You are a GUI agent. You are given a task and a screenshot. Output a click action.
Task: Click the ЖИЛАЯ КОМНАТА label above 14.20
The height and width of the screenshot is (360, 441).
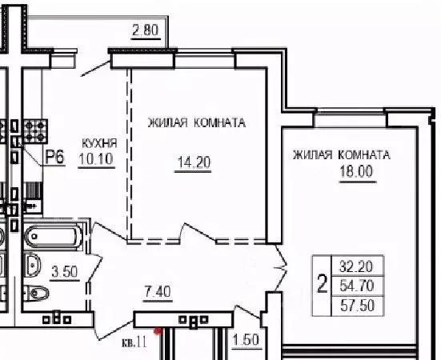(195, 123)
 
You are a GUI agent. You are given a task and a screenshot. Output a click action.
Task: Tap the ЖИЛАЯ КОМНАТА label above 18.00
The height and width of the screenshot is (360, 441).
(341, 155)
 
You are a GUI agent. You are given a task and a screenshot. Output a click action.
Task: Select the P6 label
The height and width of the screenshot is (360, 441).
(54, 157)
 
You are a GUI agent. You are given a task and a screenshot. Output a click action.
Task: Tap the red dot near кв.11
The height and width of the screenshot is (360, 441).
(158, 330)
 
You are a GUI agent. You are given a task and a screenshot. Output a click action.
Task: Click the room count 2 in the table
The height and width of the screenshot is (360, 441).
(323, 286)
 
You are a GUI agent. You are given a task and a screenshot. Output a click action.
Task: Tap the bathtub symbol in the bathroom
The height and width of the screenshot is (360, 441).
(53, 237)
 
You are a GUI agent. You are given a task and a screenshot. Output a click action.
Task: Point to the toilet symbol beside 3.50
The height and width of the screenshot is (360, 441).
(35, 292)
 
